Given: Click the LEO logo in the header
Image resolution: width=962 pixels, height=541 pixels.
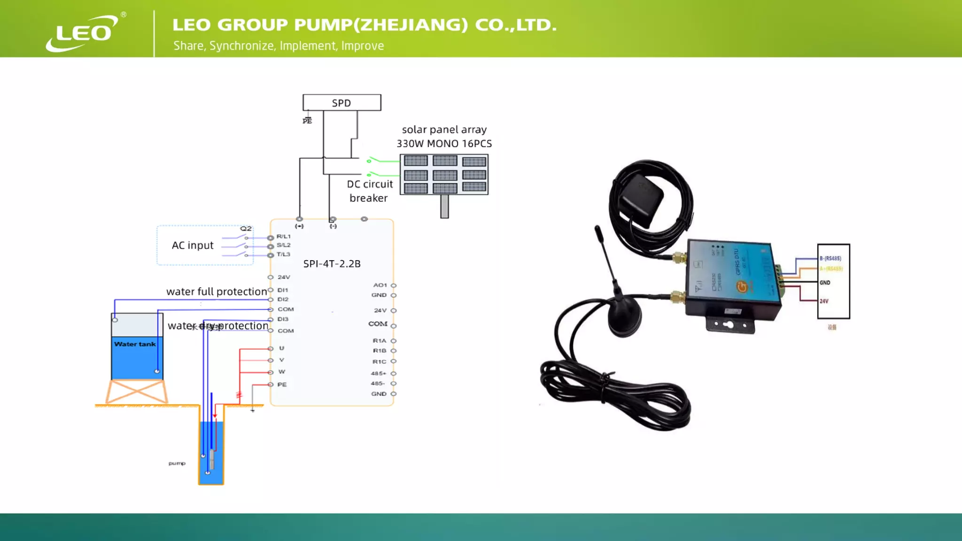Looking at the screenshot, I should [x=83, y=32].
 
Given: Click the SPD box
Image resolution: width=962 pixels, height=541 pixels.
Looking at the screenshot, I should [x=341, y=103].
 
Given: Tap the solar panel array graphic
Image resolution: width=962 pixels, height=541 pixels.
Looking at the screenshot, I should [x=444, y=174].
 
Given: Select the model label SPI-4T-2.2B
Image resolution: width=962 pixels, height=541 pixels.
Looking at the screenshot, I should [x=332, y=264].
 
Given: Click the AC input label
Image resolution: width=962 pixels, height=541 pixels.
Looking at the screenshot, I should [x=193, y=246].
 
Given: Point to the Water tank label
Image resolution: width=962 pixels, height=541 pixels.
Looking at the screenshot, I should [x=135, y=344].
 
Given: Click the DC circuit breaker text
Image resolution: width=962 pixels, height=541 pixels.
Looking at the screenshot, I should [x=369, y=191].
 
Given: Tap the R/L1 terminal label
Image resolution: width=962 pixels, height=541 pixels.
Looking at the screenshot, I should [x=283, y=237].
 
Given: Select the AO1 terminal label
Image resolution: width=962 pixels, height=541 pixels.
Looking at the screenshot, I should [x=380, y=285].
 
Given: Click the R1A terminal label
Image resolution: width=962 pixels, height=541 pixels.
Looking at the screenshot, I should [x=380, y=340].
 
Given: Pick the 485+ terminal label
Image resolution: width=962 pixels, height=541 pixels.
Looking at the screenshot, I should [x=378, y=373].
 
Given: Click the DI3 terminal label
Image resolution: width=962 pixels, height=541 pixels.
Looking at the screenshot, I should [x=283, y=319].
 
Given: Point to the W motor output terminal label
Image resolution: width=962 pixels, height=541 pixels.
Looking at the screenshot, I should [x=282, y=372].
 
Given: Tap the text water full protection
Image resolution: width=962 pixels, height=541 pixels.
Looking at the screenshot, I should [x=217, y=292].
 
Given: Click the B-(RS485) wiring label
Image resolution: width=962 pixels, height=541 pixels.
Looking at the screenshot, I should [x=830, y=258].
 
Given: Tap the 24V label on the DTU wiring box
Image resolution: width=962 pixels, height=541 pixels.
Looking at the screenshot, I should [x=824, y=301].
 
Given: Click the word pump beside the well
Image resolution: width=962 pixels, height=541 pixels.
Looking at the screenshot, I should [x=177, y=464].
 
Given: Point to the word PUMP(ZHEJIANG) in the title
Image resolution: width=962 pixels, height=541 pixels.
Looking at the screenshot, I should [x=381, y=25].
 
